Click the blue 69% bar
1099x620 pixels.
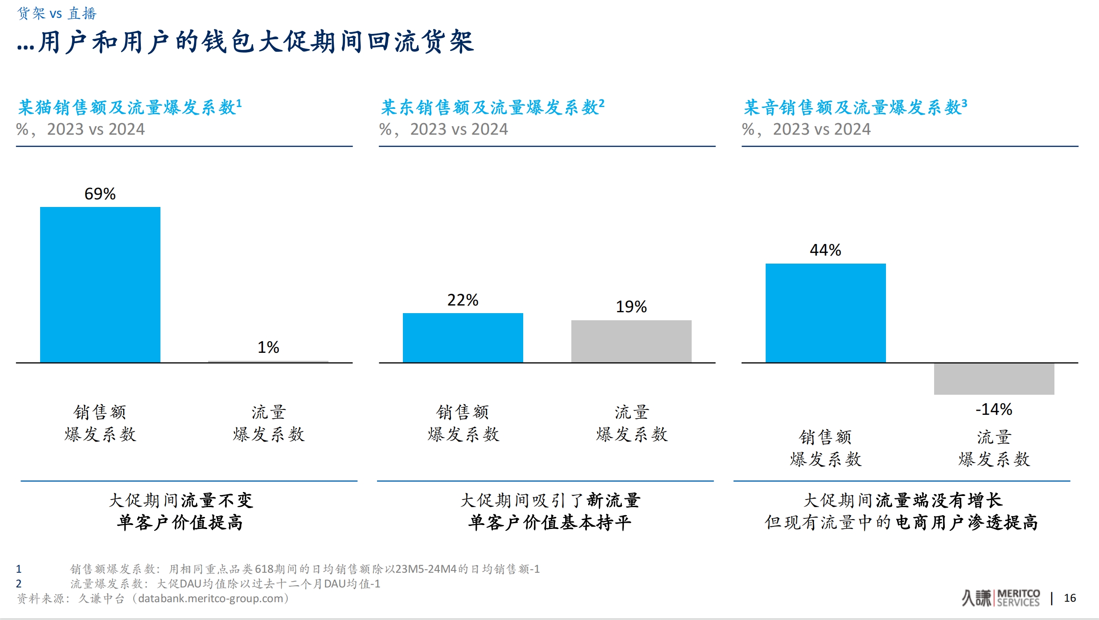click(x=100, y=285)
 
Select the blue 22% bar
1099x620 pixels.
click(x=463, y=338)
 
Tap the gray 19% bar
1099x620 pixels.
click(x=631, y=341)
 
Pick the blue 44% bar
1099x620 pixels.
click(x=825, y=313)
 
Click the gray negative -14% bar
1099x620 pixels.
click(x=994, y=379)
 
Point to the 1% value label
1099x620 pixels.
click(x=268, y=347)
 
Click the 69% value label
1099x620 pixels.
click(x=100, y=194)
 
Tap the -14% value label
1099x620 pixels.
click(x=994, y=409)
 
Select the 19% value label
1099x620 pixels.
click(x=631, y=307)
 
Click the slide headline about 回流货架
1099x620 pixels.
click(x=246, y=43)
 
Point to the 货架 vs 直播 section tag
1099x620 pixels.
click(x=57, y=13)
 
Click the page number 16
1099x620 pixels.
click(x=1070, y=598)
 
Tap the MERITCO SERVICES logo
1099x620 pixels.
click(x=1001, y=598)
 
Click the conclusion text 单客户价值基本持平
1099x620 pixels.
click(x=549, y=523)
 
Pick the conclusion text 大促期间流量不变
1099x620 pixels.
click(x=181, y=500)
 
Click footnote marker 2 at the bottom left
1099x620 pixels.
click(x=19, y=583)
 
